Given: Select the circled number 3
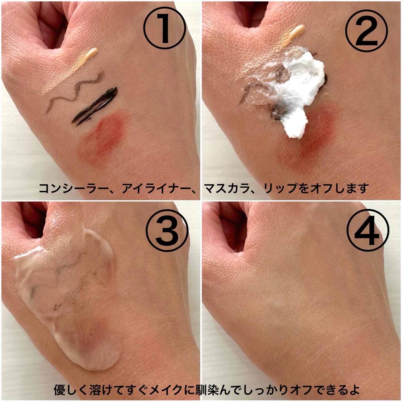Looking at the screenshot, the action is (x=167, y=231).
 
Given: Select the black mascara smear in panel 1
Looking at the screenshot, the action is (x=95, y=106).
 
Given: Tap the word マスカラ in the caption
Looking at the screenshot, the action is (x=227, y=188).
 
